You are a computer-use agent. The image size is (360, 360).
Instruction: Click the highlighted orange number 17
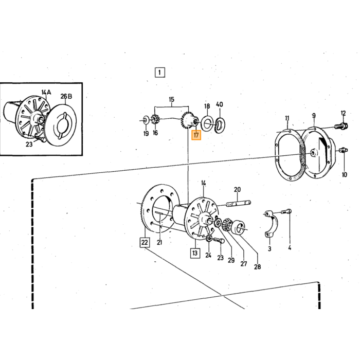coord(196,135)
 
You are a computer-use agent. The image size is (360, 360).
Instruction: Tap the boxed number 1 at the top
coord(160,73)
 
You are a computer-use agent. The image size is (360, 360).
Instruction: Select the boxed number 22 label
coord(145,242)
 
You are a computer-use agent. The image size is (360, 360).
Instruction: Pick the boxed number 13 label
coord(195,253)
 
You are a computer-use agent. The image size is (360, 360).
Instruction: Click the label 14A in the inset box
coord(46,92)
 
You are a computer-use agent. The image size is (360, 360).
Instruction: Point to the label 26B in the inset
coord(66,96)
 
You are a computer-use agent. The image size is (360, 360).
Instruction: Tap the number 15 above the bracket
coord(171,99)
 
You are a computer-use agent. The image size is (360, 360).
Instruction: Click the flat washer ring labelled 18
coord(207,123)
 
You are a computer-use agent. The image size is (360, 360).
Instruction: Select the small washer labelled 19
coord(146,120)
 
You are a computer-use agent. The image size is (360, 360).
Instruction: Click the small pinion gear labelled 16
coord(154,120)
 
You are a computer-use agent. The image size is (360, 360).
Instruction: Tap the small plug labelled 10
coord(344,150)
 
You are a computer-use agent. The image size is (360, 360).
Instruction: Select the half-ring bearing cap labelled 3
coord(271,223)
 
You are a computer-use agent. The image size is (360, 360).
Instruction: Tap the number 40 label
coord(220,104)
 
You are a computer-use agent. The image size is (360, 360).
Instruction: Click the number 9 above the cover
coord(314,116)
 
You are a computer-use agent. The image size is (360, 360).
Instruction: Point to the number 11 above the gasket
coord(287,118)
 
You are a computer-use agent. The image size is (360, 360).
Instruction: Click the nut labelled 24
coord(209,238)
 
